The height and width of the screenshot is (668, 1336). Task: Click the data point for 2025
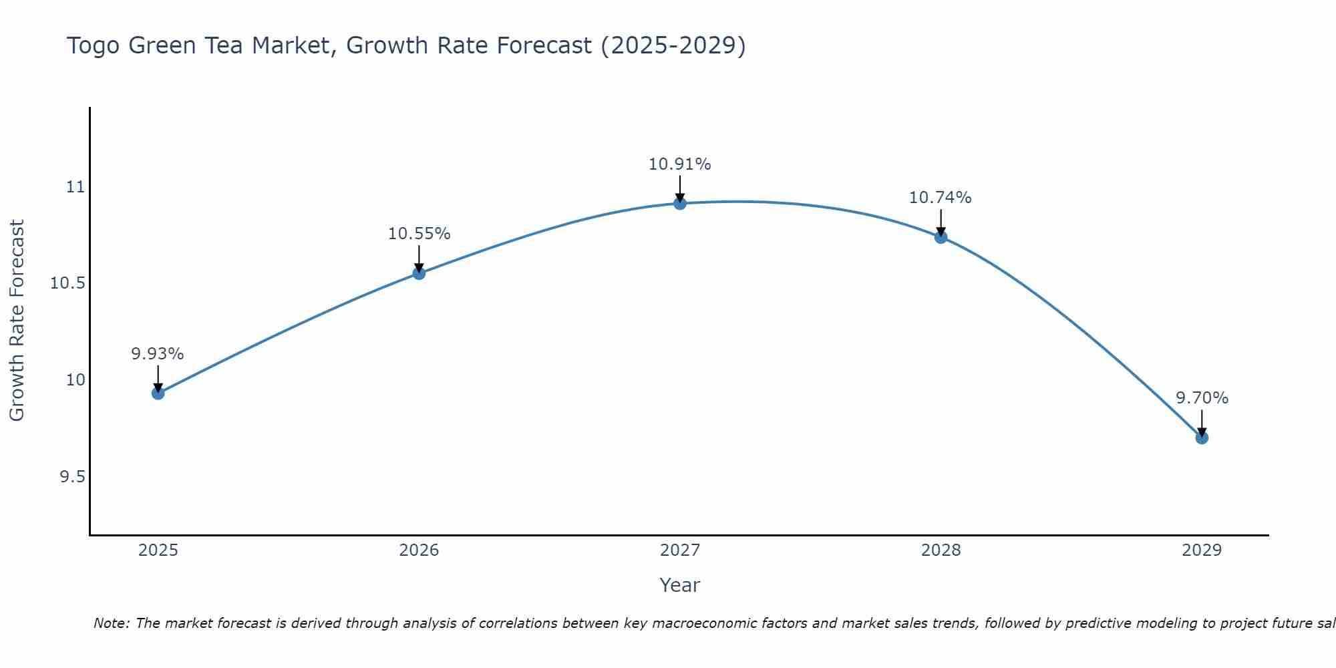pos(158,393)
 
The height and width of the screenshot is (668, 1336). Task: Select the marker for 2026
pos(419,273)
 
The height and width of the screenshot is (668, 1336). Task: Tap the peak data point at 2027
pos(680,204)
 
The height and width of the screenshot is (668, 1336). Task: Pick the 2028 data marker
pos(941,237)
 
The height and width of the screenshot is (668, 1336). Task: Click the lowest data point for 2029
pos(1202,438)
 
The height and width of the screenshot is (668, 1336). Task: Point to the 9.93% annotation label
pos(158,354)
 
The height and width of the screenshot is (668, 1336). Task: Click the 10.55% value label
pos(419,234)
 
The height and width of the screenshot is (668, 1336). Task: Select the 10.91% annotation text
pos(680,164)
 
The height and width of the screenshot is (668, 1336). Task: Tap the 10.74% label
pos(941,198)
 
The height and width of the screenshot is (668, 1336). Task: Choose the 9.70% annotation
pos(1202,398)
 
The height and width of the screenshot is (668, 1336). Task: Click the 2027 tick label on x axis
pos(680,550)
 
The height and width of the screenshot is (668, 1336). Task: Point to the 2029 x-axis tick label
pos(1202,550)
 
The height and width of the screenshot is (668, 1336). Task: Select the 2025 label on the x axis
pos(158,550)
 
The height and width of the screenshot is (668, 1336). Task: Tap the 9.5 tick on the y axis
pos(73,477)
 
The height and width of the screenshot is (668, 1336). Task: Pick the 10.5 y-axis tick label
pos(68,284)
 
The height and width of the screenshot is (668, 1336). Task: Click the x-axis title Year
pos(680,585)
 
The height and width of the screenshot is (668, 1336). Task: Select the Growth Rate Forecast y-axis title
pos(17,321)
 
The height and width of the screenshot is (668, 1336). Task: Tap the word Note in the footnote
pos(110,623)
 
